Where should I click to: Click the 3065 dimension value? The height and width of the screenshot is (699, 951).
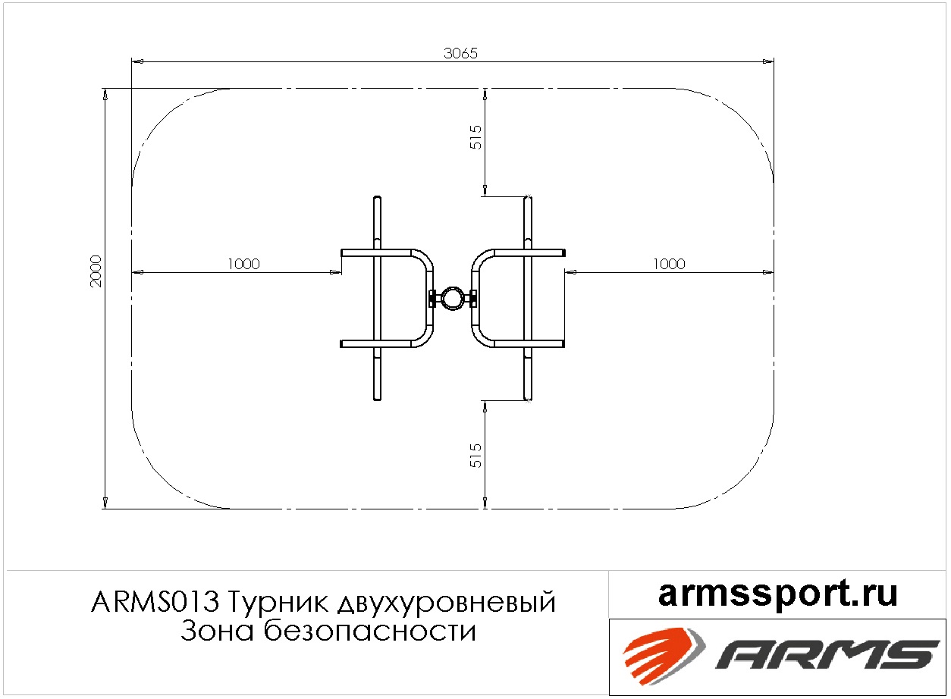point(460,53)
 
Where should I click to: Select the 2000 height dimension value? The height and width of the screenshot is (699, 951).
point(96,271)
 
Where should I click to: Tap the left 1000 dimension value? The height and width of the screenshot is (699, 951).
point(243,264)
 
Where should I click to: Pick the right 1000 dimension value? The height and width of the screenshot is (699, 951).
point(669,264)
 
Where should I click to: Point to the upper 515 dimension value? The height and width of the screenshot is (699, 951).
point(475,137)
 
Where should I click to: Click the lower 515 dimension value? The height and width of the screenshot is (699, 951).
point(475,456)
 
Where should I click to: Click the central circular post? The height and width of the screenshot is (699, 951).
point(453,298)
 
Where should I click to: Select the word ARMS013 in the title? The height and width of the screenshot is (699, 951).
point(155,602)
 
